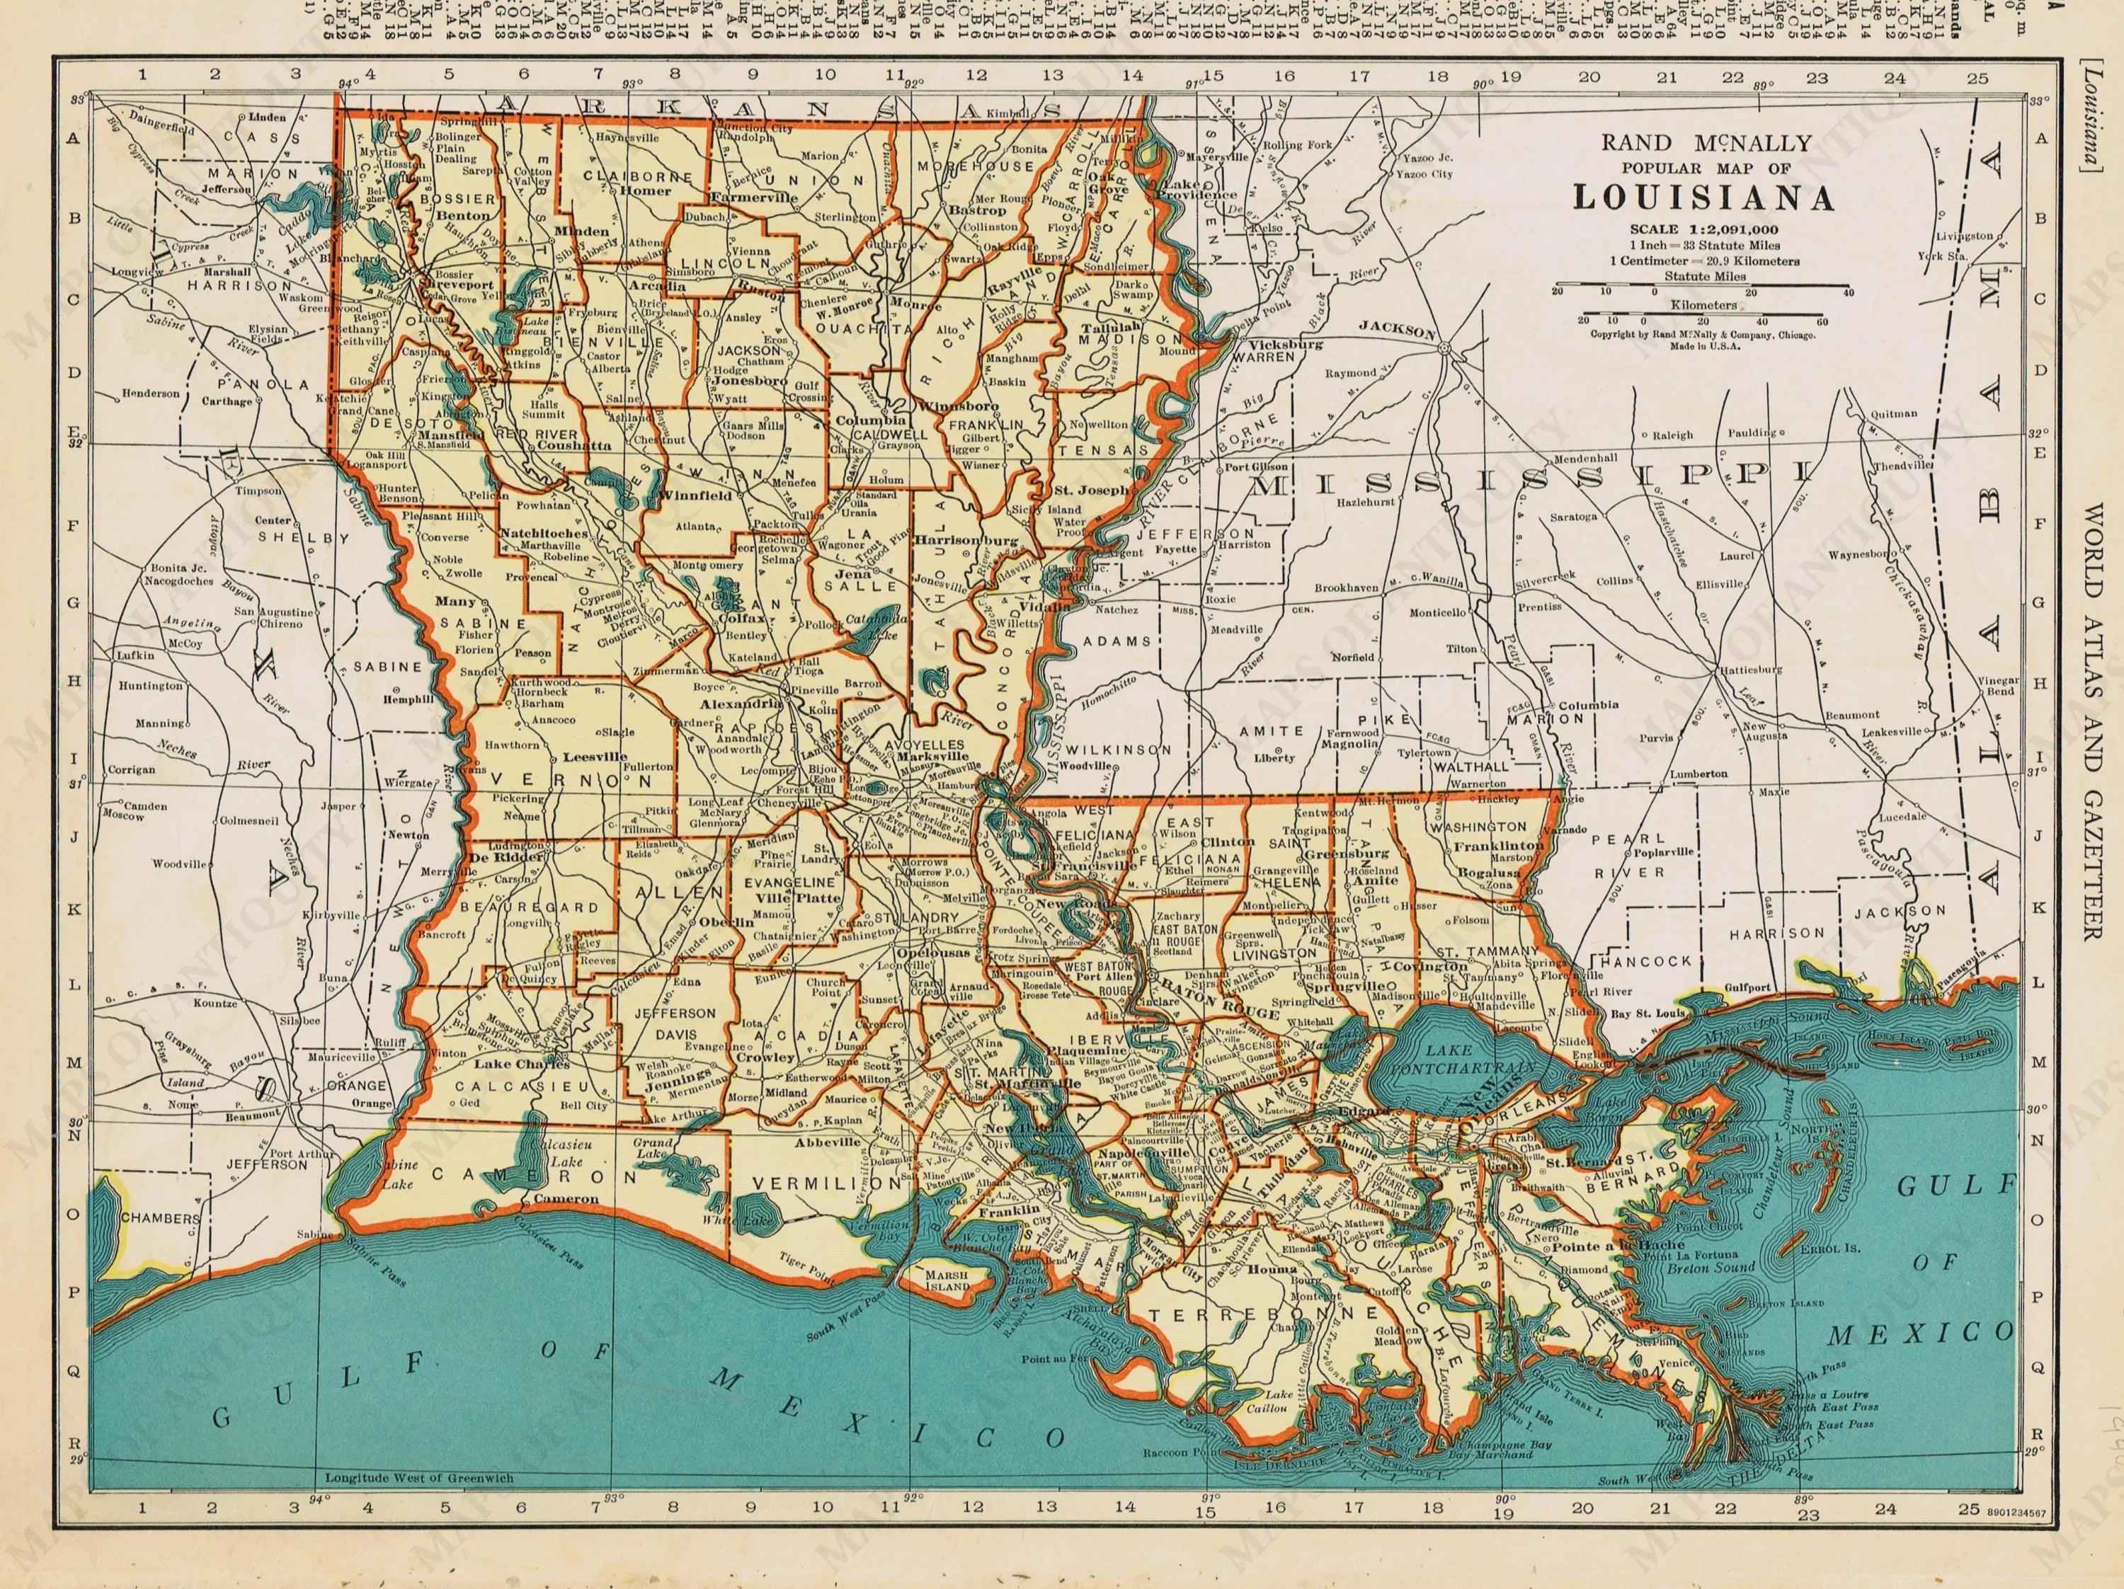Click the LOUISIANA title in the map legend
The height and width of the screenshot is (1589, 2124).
pos(1703,197)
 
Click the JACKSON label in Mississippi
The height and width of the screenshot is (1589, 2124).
pos(1398,329)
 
